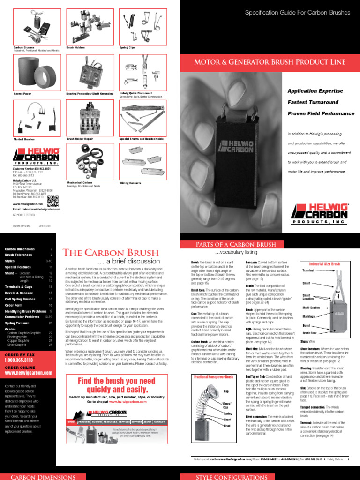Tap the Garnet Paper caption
pos(22,94)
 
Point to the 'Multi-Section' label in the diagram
pos(311,307)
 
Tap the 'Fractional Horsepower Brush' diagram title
pos(213,377)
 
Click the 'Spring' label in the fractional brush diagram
pos(228,413)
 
